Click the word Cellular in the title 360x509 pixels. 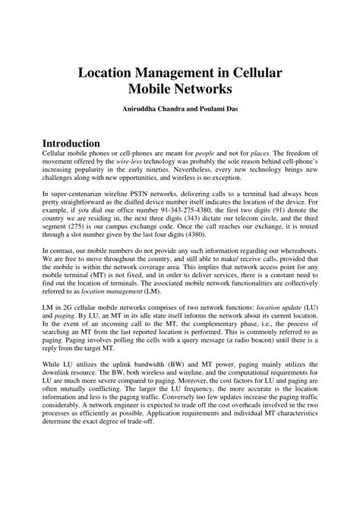(248, 74)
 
